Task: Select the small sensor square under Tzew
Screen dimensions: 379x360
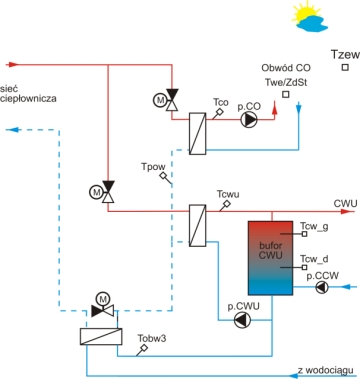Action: point(344,68)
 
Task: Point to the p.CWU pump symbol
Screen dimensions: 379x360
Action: point(241,292)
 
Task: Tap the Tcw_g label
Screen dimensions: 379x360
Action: point(314,226)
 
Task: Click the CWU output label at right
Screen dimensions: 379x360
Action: point(345,203)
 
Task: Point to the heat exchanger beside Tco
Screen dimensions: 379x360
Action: point(197,131)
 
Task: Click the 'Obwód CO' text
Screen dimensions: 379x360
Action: point(284,67)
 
